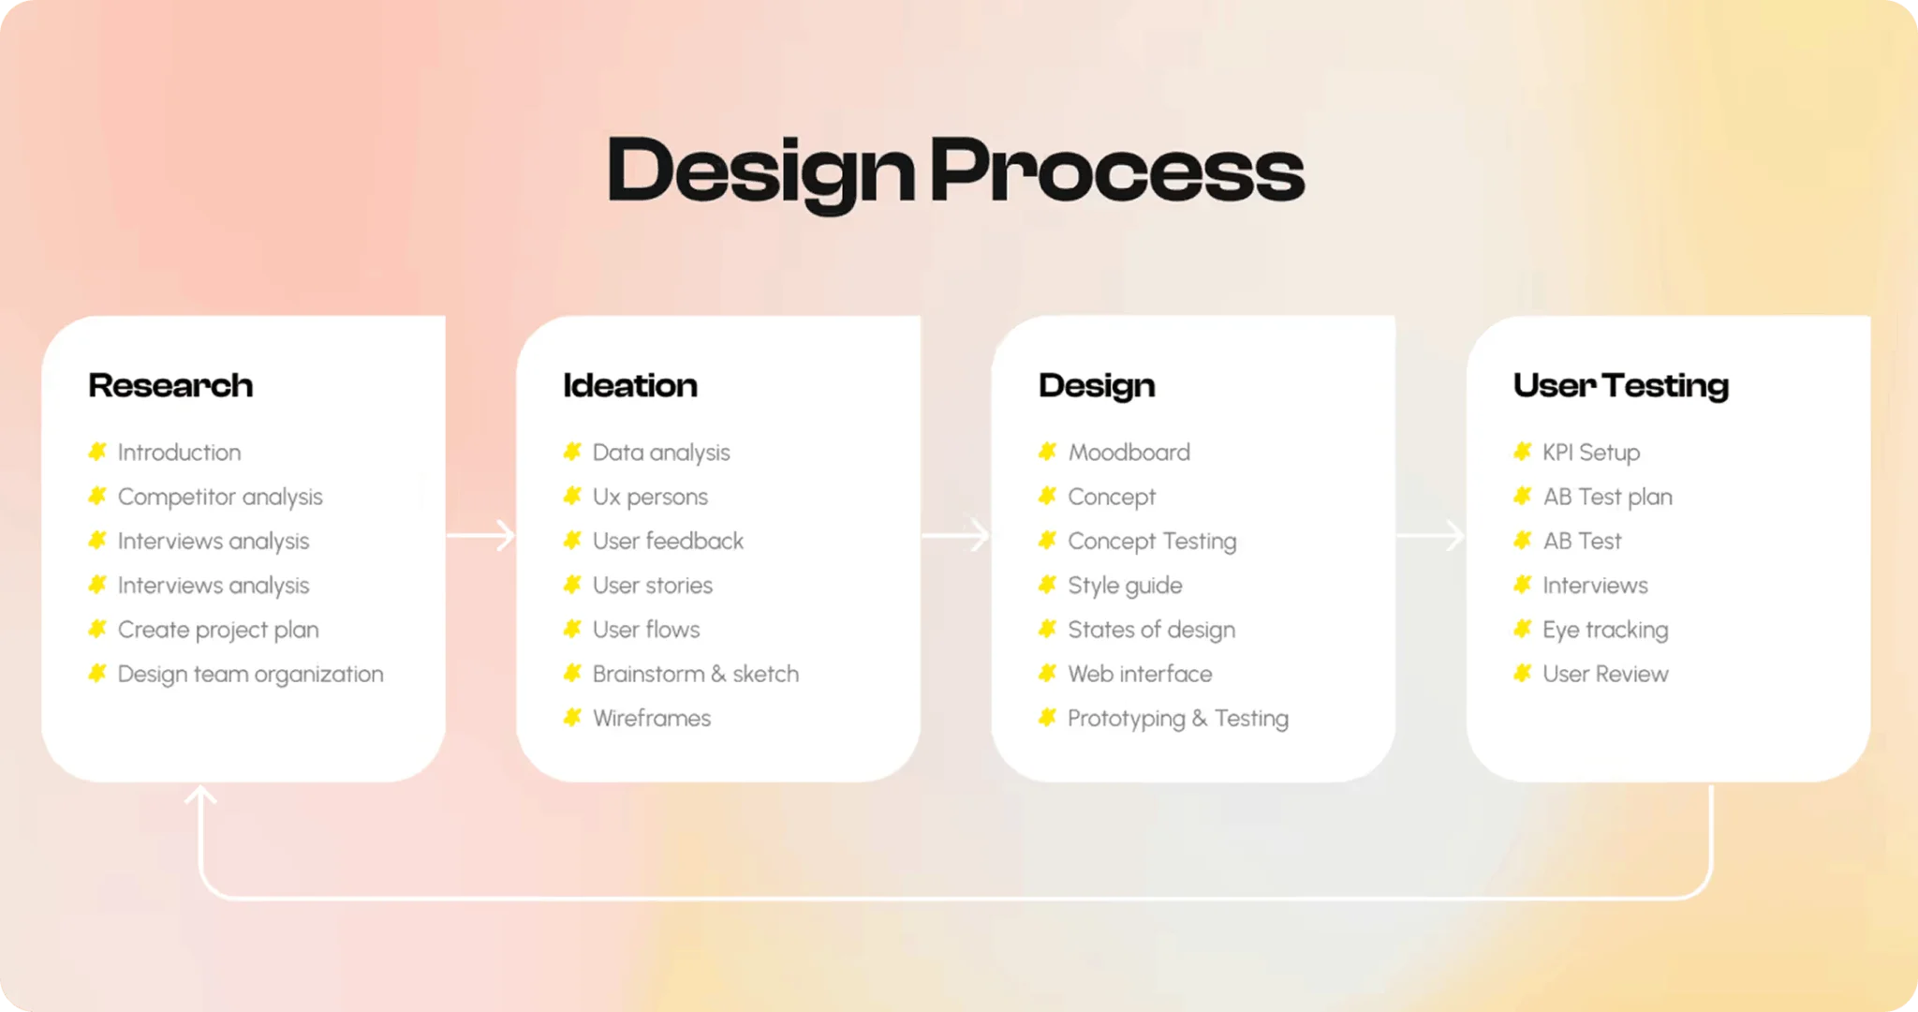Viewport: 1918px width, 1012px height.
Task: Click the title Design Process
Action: point(955,171)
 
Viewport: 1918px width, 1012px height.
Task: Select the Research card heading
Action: point(170,385)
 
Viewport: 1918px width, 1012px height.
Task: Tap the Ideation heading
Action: point(630,385)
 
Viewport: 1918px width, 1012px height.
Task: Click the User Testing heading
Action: point(1621,386)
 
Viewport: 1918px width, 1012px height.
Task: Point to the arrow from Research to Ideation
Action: point(480,535)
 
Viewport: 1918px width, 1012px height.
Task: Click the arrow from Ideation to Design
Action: point(955,535)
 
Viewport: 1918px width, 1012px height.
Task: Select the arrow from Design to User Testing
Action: point(1430,535)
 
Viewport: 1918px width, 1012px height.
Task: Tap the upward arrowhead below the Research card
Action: point(200,796)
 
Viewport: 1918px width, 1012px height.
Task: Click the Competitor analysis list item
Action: point(220,498)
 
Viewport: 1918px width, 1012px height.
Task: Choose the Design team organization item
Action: point(251,675)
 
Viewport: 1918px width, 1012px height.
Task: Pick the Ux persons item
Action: point(650,498)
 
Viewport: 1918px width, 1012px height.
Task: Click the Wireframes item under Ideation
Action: point(652,718)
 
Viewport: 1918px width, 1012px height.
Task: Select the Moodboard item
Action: point(1129,453)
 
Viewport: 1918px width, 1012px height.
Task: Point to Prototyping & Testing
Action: point(1178,719)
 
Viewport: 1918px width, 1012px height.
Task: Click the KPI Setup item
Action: point(1591,453)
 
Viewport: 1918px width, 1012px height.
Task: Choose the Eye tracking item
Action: point(1605,631)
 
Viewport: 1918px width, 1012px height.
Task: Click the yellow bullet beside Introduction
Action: point(97,452)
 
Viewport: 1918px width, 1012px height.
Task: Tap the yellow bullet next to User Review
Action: point(1523,673)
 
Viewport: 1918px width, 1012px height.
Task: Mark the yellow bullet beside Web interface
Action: point(1048,673)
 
